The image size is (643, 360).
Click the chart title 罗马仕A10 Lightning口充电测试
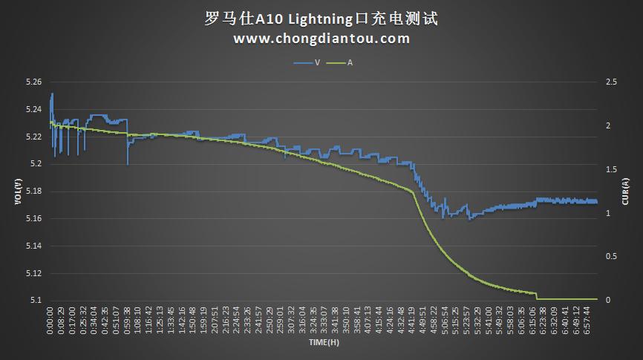coord(321,19)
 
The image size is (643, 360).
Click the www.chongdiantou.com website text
coord(321,39)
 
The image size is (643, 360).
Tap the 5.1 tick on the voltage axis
coord(35,300)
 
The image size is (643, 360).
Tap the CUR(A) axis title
coord(626,191)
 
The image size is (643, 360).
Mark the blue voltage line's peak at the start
coord(52,94)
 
